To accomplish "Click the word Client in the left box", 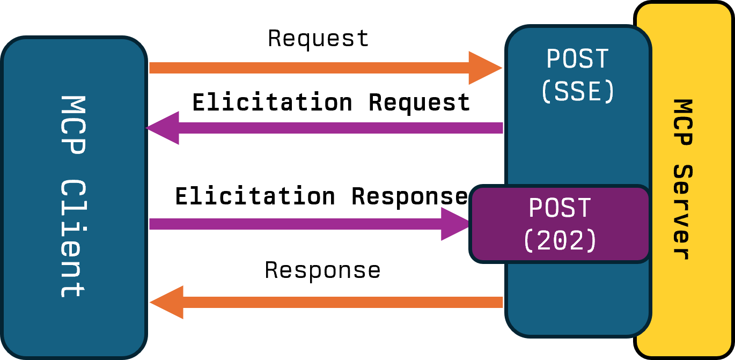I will (x=72, y=238).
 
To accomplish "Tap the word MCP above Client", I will (x=72, y=125).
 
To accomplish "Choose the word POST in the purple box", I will (x=560, y=208).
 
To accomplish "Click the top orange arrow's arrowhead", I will (x=484, y=68).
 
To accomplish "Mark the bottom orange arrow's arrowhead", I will (x=168, y=303).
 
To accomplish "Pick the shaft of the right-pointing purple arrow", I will (x=295, y=224).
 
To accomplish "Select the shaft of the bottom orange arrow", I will (x=343, y=303).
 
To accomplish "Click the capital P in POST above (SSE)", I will (x=554, y=59).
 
